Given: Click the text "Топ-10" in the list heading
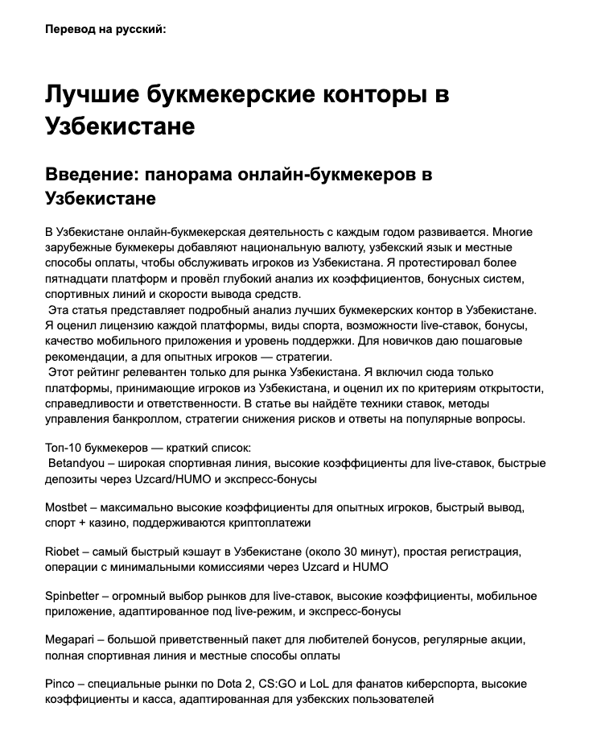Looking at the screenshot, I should [x=64, y=447].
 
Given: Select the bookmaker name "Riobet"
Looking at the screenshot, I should [x=64, y=552].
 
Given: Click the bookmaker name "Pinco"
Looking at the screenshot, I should [x=61, y=684].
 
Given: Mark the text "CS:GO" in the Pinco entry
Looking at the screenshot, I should [x=272, y=684].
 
